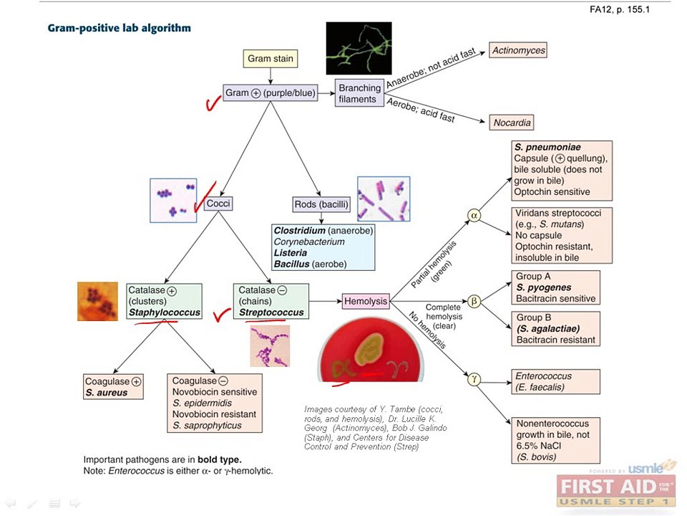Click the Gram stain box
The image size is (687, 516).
click(271, 59)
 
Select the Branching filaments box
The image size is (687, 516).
click(359, 93)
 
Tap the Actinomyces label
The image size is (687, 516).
click(518, 50)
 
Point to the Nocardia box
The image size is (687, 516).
click(512, 123)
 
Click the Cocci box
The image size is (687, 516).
click(218, 204)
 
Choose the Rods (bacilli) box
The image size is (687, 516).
click(321, 204)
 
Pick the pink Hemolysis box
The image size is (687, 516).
click(366, 301)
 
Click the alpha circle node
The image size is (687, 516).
click(474, 216)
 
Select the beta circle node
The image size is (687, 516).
click(474, 301)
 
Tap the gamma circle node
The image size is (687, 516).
click(474, 378)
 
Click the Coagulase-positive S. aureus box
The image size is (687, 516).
click(113, 386)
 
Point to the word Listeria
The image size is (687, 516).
click(291, 253)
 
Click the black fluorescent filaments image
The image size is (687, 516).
click(359, 48)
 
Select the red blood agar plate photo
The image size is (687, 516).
click(371, 353)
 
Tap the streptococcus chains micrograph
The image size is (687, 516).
click(270, 346)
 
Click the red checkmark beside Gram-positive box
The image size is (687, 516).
click(213, 103)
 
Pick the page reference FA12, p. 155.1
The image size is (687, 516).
click(620, 9)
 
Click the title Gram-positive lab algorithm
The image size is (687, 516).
click(120, 28)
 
